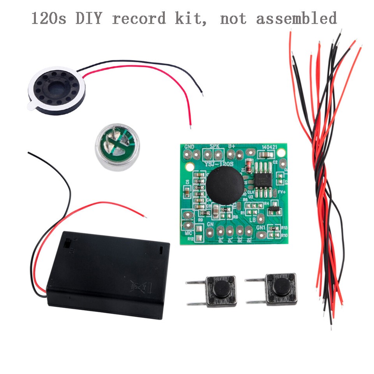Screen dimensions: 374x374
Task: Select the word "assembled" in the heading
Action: coord(296,18)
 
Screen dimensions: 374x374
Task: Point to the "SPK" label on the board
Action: coord(215,146)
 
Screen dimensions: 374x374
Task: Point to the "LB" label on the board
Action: coord(252,219)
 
